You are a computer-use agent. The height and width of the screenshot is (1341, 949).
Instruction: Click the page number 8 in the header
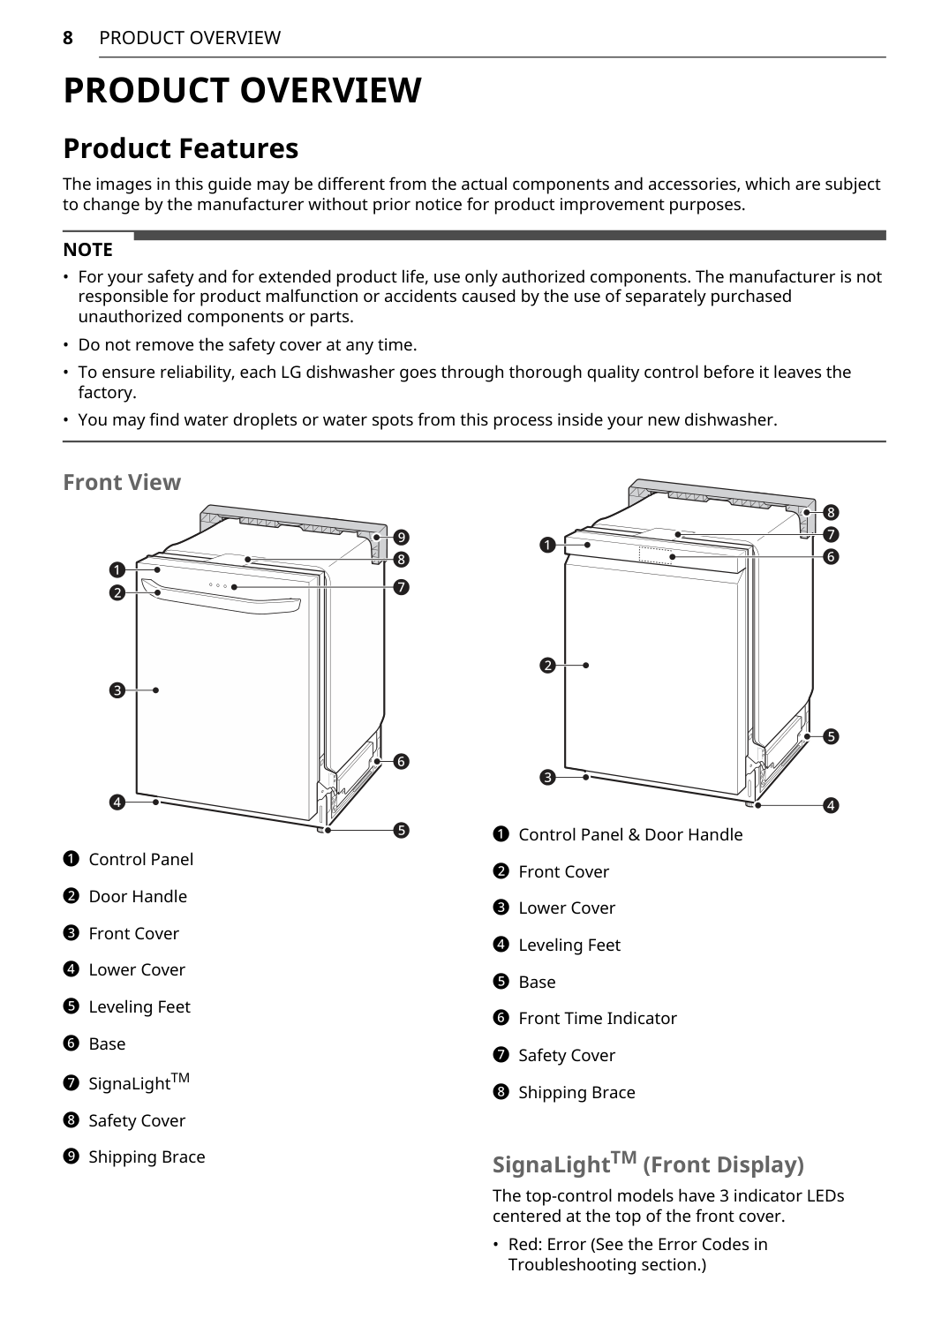68,38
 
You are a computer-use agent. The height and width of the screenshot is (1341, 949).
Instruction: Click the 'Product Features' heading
180,148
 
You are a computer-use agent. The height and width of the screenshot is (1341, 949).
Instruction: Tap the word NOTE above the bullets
87,250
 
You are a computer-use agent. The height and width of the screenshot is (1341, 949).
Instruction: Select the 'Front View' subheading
122,482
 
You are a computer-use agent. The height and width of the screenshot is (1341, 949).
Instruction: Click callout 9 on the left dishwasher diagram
401,537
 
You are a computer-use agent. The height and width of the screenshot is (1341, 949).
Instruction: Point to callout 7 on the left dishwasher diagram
401,587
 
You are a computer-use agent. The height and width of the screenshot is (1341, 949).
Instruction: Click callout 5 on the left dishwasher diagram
401,830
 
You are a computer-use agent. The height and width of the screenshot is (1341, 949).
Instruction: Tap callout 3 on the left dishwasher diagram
117,690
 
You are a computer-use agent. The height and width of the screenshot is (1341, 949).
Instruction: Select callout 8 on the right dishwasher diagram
831,512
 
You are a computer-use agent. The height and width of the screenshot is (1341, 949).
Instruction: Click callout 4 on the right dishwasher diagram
831,805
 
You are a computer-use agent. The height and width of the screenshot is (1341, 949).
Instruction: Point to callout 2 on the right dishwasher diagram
547,665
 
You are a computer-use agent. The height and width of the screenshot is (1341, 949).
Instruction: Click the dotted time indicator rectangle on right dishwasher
655,555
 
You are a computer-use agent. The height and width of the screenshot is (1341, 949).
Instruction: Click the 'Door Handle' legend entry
138,897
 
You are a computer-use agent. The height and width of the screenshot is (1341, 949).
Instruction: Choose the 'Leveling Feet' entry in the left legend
139,1007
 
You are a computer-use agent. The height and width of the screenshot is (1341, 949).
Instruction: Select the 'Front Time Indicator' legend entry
598,1019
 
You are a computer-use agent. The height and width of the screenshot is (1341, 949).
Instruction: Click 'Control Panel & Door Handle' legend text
630,835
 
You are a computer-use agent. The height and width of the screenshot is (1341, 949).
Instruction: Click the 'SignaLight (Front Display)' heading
648,1164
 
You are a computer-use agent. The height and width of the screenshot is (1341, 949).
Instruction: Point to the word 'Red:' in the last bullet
525,1245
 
